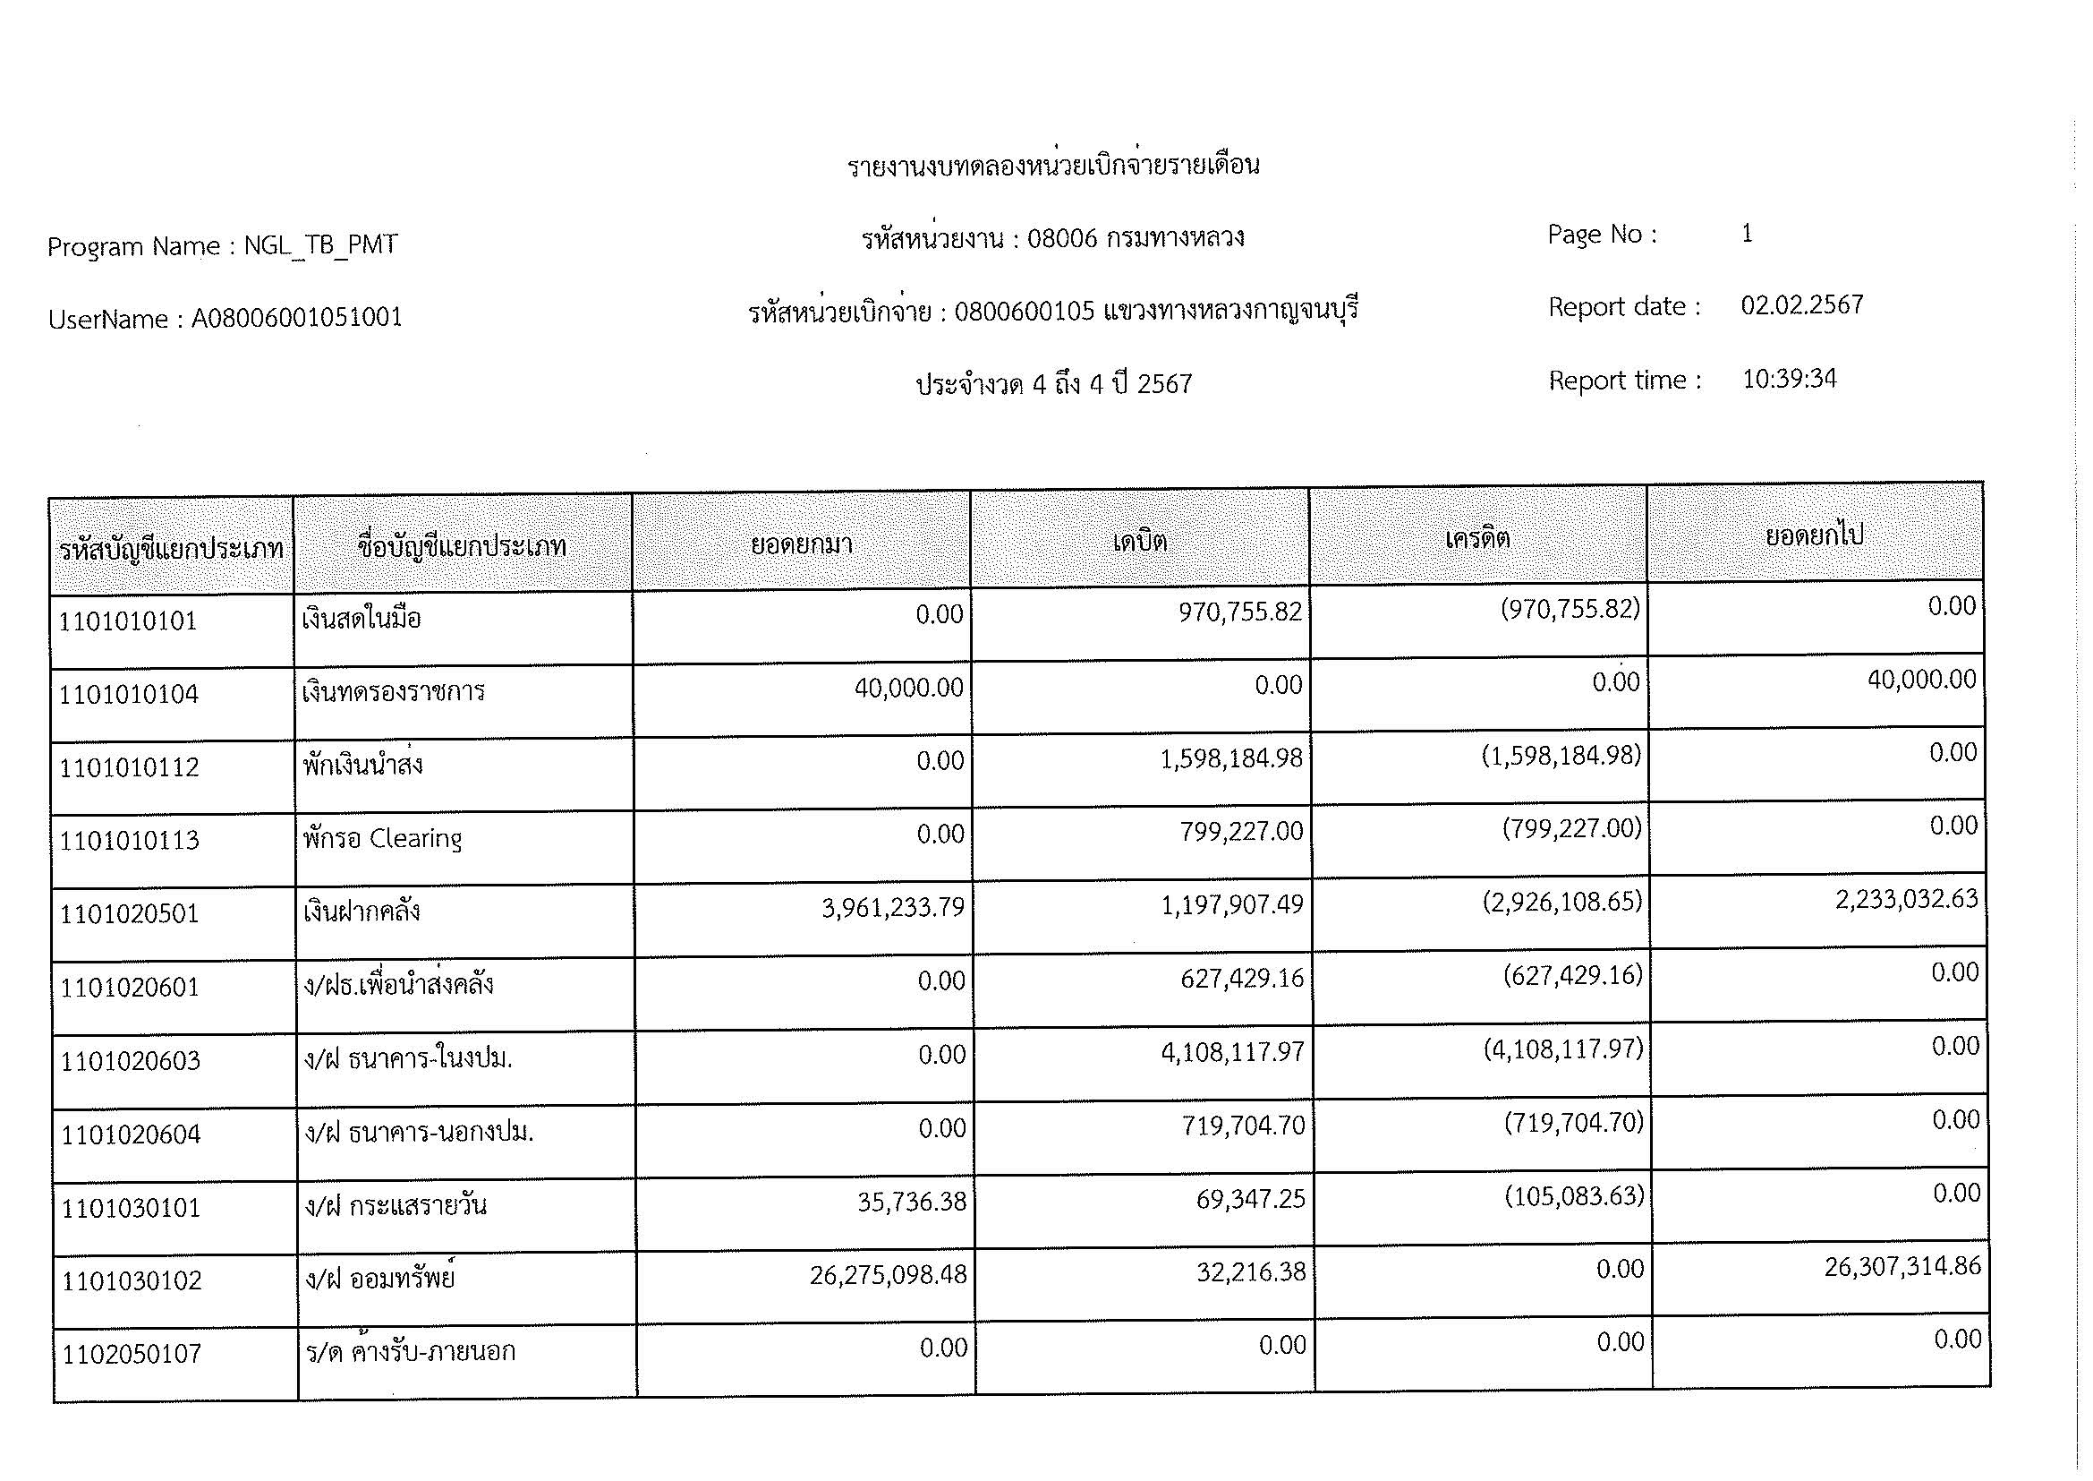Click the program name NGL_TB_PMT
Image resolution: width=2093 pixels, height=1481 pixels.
320,245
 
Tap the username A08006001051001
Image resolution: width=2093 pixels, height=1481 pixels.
296,318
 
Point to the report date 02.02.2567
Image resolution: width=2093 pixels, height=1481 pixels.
1801,304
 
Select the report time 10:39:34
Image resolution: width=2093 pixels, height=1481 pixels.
1789,379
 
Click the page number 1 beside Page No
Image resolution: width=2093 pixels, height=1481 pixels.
1747,234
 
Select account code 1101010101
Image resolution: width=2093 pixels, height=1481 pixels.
129,621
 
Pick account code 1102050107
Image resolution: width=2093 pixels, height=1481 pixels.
132,1354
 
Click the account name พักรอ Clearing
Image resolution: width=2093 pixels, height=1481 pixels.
383,838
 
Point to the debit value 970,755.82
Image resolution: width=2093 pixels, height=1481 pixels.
1239,611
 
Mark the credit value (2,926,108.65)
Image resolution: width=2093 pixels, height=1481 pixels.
1561,902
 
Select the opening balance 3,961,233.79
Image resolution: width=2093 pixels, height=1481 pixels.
892,907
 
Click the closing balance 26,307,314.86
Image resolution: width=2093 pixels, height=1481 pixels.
1902,1266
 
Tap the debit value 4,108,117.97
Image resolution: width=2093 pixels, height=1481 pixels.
1232,1051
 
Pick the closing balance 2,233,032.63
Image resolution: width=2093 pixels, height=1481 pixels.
1906,899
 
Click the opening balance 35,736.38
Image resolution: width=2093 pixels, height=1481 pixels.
911,1201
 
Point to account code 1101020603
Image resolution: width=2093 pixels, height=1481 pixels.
131,1060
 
